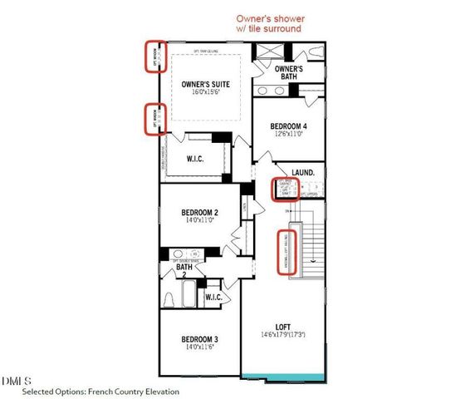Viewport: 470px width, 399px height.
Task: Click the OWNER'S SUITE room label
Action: pos(206,85)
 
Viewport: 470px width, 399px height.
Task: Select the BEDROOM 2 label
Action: pos(199,214)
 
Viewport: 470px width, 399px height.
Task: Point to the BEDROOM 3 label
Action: pos(199,338)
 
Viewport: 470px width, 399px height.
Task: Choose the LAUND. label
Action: pos(302,172)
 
